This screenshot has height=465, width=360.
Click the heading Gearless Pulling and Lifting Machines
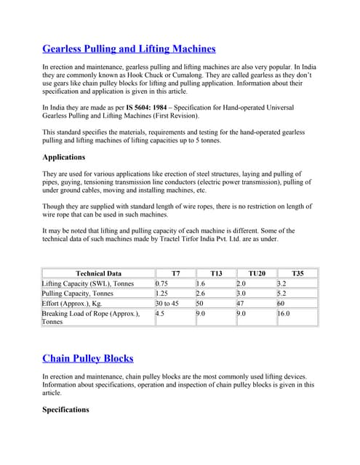pos(129,49)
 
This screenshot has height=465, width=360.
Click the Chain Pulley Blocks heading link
pos(88,358)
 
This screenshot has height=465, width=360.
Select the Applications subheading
pos(63,157)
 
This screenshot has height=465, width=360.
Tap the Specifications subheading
pos(65,410)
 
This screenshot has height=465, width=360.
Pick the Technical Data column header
pos(98,273)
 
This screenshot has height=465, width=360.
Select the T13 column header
pos(216,273)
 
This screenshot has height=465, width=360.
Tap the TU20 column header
pos(257,273)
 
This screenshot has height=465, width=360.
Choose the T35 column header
pos(297,273)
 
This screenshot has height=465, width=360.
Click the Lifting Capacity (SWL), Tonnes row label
pos(88,283)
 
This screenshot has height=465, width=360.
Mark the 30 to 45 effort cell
pos(167,304)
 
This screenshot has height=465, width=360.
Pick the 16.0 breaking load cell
pos(284,314)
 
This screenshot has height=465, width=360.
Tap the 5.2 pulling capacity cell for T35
pos(282,294)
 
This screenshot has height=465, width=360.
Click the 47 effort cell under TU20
pos(241,304)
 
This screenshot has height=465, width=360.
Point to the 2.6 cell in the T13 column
pos(201,294)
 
